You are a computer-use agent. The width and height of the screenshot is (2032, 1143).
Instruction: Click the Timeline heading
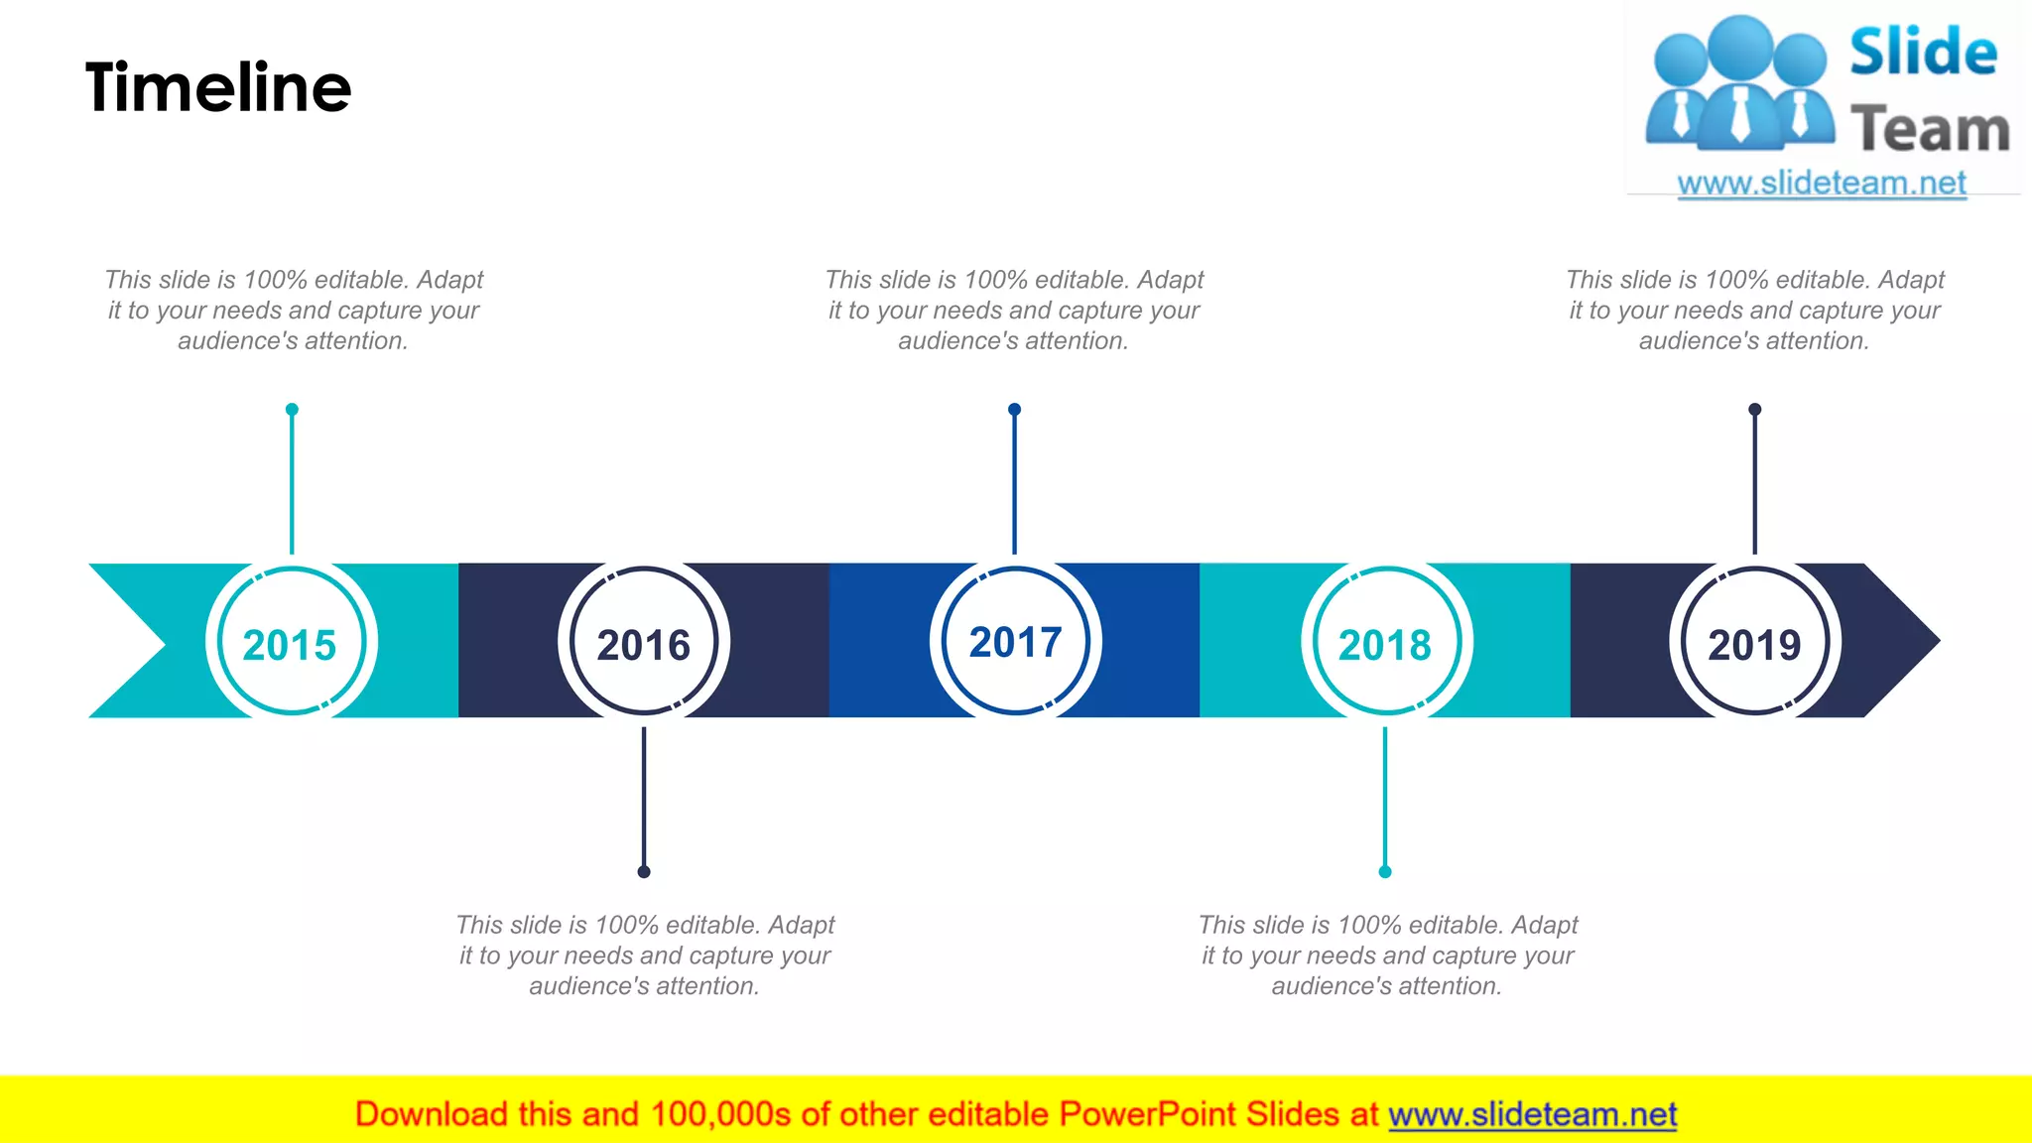[x=218, y=87]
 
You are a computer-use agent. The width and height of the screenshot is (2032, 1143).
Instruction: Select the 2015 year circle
[x=291, y=642]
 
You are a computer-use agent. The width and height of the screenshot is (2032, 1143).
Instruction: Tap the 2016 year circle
[x=644, y=642]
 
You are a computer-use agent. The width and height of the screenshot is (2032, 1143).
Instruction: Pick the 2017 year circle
[x=1015, y=641]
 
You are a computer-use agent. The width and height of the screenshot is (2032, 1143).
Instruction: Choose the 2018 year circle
[x=1386, y=642]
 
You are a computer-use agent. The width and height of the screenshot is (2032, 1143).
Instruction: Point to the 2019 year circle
[x=1755, y=642]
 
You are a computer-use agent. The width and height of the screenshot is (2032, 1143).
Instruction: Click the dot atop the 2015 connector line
[x=292, y=410]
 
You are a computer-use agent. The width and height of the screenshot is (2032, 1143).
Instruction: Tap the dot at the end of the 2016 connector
[x=644, y=872]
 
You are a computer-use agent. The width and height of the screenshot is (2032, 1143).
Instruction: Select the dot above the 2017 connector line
[x=1014, y=410]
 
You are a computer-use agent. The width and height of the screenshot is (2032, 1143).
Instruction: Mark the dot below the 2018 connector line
[x=1385, y=872]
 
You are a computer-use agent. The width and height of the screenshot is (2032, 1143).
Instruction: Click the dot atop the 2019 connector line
[x=1755, y=410]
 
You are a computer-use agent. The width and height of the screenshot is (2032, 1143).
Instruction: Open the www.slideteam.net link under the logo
[x=1822, y=184]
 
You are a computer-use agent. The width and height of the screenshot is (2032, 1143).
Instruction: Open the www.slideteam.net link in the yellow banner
[x=1532, y=1114]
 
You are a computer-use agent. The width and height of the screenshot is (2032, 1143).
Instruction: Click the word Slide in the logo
[x=1923, y=53]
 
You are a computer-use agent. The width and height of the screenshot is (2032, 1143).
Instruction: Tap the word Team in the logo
[x=1930, y=130]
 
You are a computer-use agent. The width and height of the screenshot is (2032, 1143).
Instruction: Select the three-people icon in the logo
[x=1739, y=84]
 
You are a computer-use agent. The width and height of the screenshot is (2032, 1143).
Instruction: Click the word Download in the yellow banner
[x=432, y=1114]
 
